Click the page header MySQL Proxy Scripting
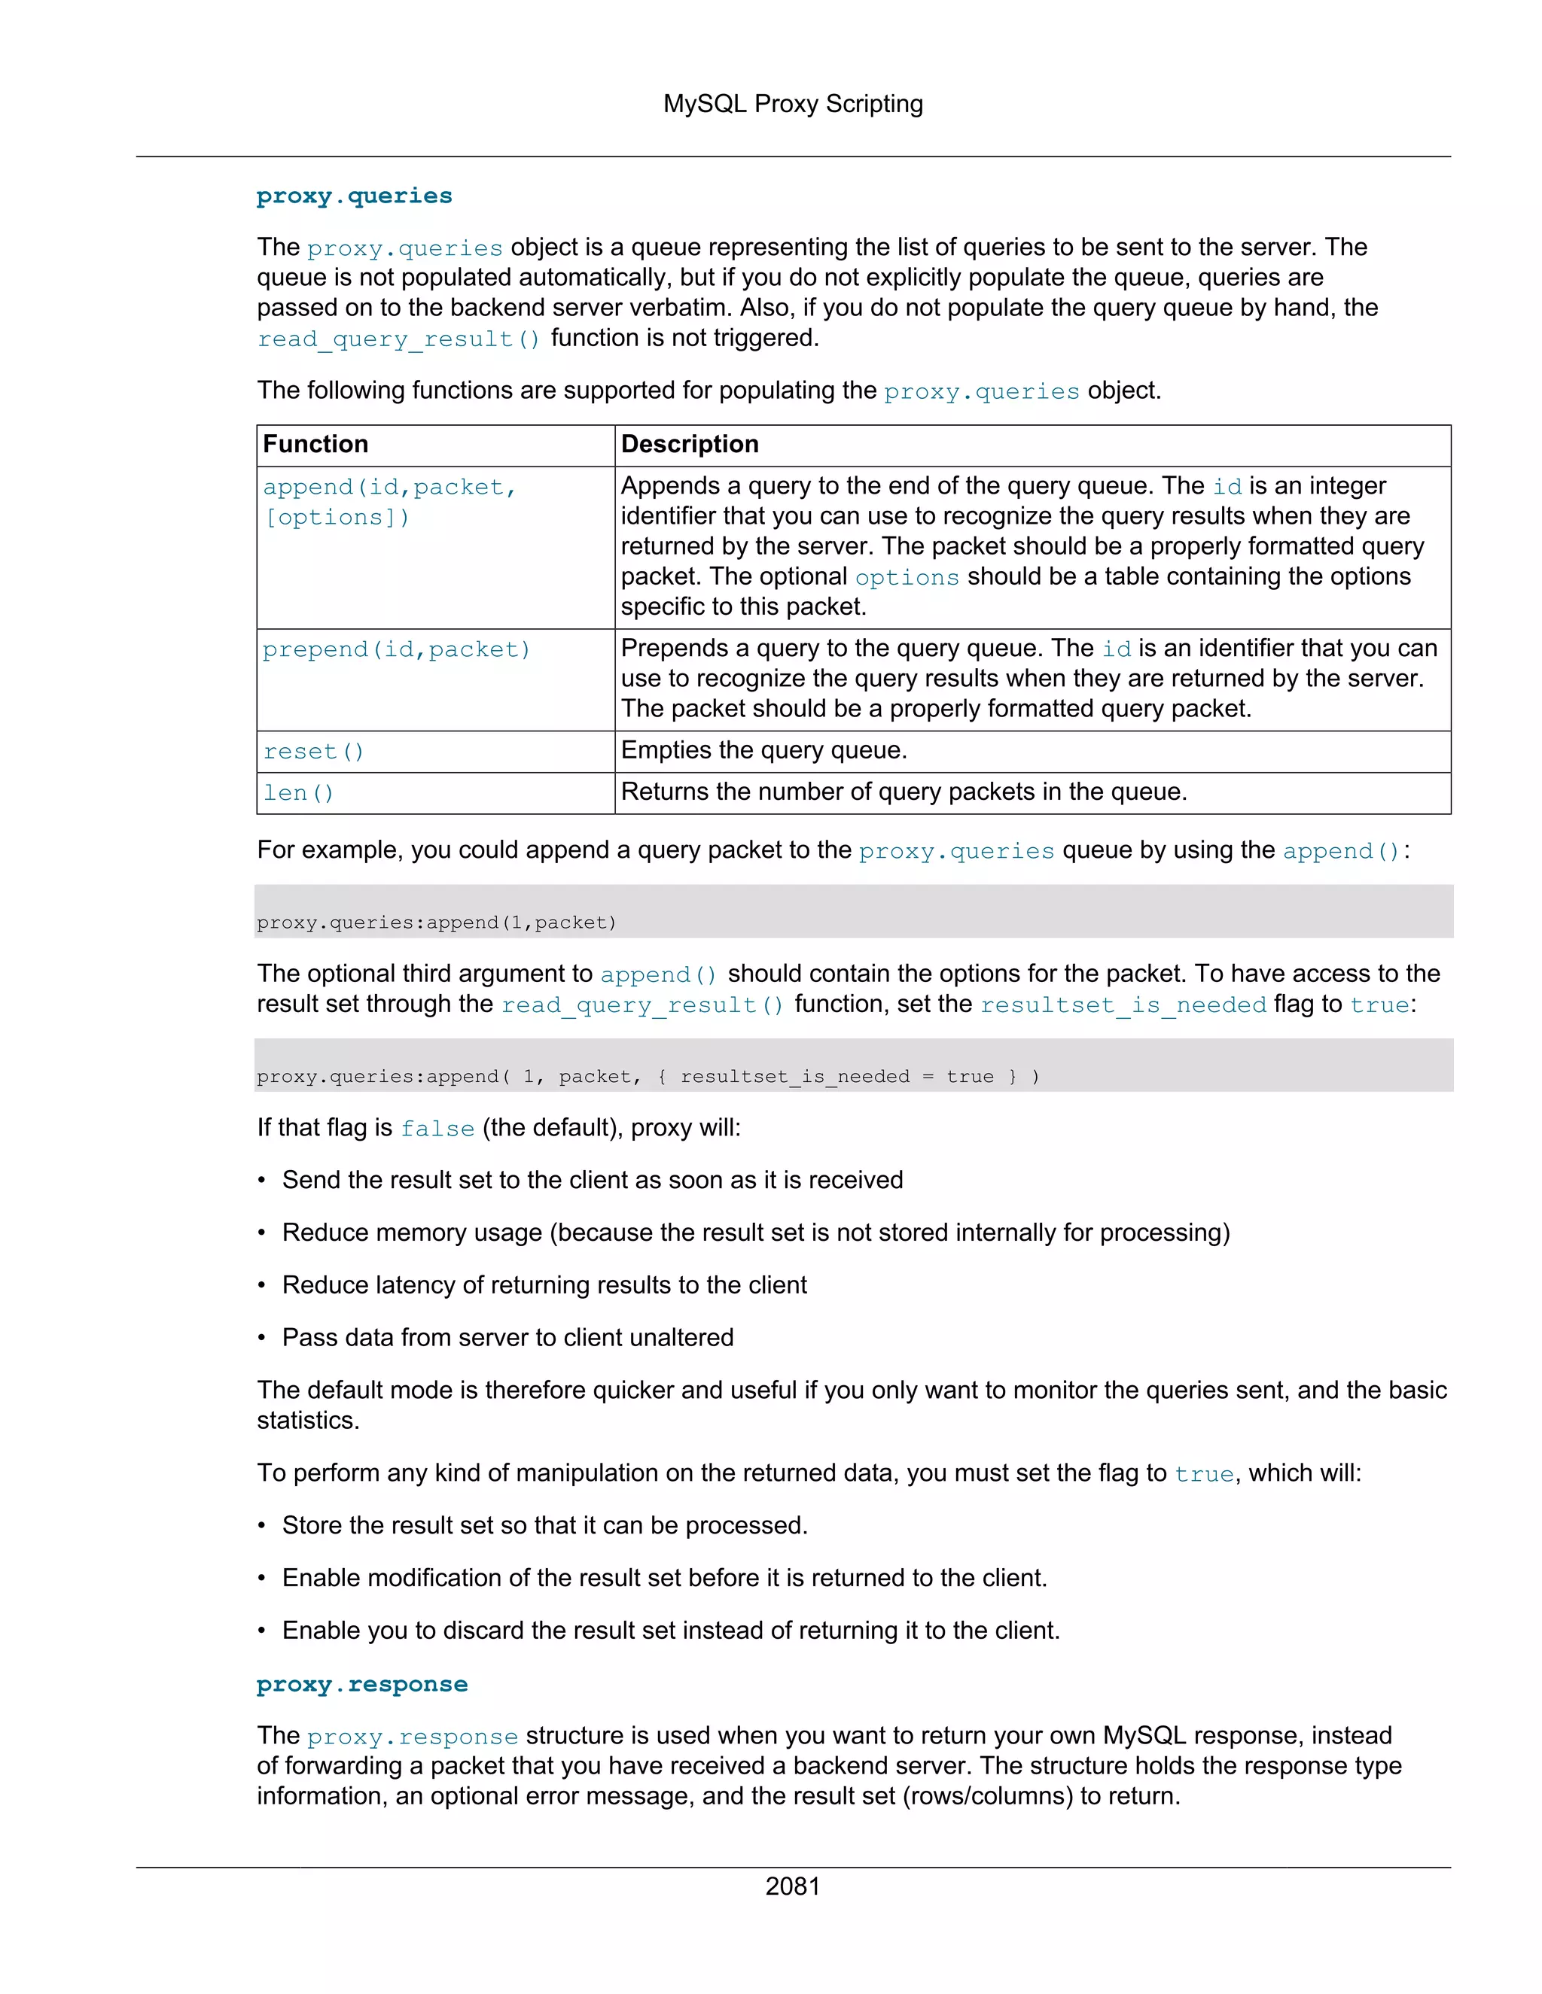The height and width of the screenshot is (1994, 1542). tap(793, 104)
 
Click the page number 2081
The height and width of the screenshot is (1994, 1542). tap(792, 1886)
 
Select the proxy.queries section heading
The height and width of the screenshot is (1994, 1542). tap(355, 196)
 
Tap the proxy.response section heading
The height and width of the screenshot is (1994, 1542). tap(361, 1685)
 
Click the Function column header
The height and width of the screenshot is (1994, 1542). tap(316, 445)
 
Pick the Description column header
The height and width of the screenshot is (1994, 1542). tap(690, 445)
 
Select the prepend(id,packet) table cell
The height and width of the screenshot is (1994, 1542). tap(397, 650)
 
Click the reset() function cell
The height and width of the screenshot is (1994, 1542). tap(314, 752)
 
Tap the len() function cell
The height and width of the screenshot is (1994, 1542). tap(299, 793)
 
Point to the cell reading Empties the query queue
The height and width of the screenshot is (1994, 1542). tap(763, 750)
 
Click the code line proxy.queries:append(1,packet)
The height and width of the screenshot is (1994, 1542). tap(437, 923)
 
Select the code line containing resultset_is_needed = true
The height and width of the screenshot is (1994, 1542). tap(648, 1078)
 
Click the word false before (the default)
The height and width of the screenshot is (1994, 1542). tap(437, 1129)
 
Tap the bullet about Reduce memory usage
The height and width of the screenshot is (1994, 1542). tap(755, 1233)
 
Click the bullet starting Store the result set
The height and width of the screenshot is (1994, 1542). tap(544, 1526)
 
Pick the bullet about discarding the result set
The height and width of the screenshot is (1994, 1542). tap(671, 1631)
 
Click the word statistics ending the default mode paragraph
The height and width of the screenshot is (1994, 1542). tap(307, 1421)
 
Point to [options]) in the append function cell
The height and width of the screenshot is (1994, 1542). tap(337, 518)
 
